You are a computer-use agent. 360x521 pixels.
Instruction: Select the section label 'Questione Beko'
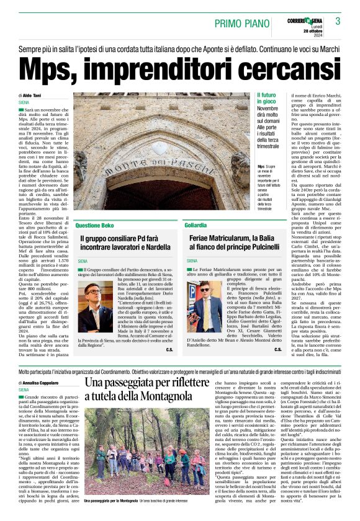pos(94,225)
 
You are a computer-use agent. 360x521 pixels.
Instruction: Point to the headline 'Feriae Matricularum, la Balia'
pos(234,238)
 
